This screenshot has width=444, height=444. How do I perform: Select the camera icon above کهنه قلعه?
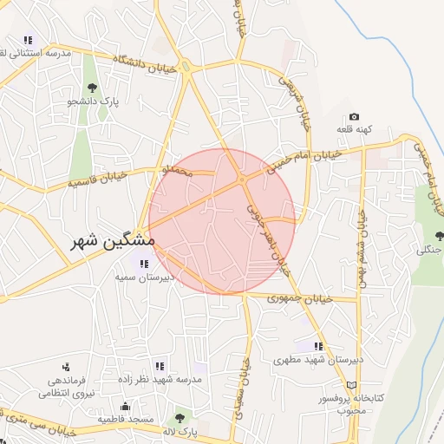click(x=354, y=116)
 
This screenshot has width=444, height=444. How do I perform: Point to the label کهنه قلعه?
click(x=355, y=129)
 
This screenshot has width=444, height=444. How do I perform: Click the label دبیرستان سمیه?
click(x=145, y=277)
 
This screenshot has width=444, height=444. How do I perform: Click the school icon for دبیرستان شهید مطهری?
click(x=320, y=345)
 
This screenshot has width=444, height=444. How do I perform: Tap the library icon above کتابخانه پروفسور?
click(x=351, y=384)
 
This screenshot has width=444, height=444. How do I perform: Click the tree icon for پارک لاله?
click(x=180, y=418)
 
